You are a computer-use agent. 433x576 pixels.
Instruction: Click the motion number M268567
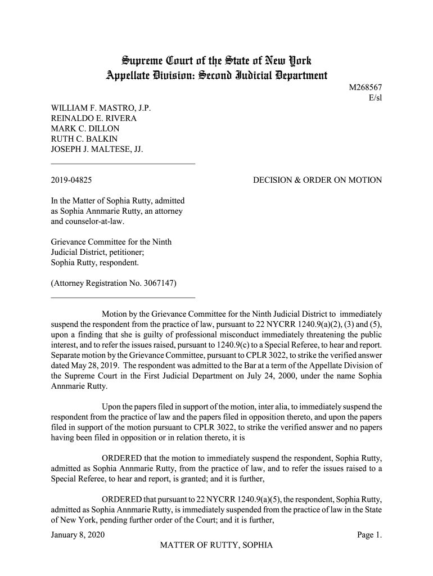(x=366, y=88)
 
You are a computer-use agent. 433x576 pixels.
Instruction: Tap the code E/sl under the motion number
(x=375, y=98)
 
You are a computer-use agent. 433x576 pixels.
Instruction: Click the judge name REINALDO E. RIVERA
(x=94, y=118)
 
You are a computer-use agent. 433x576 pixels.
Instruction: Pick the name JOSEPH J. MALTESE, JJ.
(x=97, y=149)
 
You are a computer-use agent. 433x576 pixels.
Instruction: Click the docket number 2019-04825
(x=71, y=181)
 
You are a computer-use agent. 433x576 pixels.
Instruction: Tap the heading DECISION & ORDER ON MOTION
(x=317, y=181)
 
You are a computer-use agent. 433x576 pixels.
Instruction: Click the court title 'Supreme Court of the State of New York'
(x=216, y=60)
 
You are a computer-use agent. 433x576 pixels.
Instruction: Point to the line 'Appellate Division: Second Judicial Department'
(x=216, y=75)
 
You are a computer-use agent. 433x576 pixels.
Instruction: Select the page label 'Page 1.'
(x=369, y=535)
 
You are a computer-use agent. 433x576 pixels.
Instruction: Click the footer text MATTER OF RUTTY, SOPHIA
(x=216, y=546)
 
